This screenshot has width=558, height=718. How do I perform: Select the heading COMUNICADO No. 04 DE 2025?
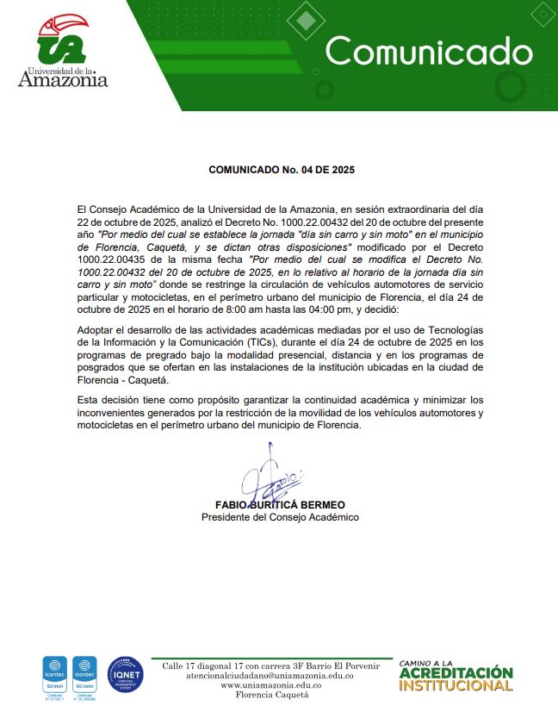point(282,170)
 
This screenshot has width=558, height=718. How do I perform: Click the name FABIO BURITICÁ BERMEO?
point(280,504)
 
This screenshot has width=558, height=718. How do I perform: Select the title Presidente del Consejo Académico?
point(280,517)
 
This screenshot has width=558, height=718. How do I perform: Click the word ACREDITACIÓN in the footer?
point(456,673)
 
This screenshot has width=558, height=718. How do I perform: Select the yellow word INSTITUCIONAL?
point(456,686)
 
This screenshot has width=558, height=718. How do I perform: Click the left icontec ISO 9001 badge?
point(55,676)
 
